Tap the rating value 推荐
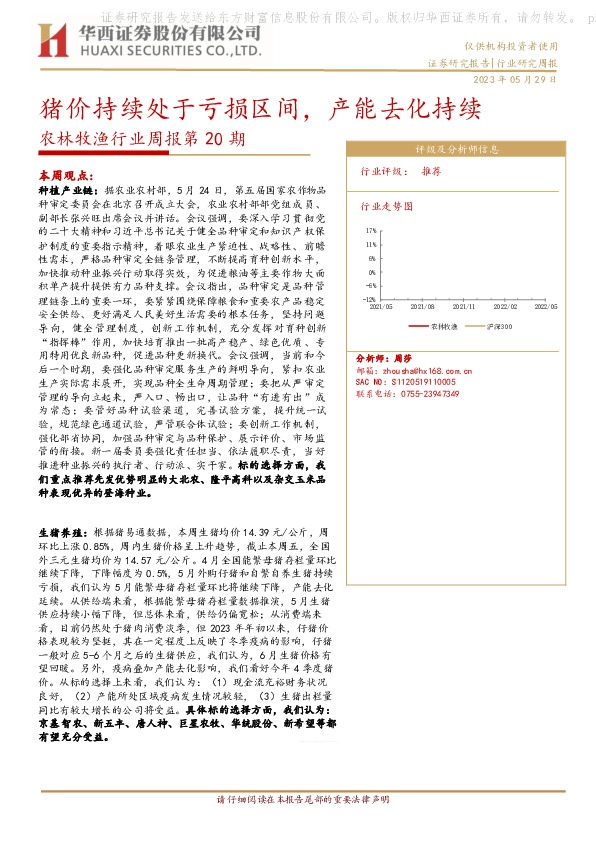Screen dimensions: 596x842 (x=431, y=171)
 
